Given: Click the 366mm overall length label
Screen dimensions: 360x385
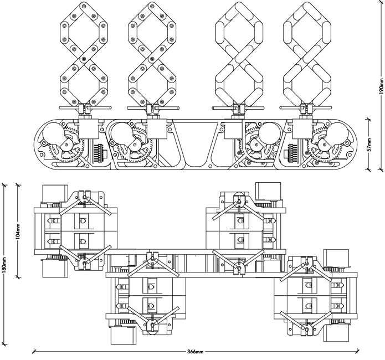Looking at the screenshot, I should point(196,351).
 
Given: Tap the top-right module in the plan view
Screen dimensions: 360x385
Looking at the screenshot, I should point(244,227).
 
